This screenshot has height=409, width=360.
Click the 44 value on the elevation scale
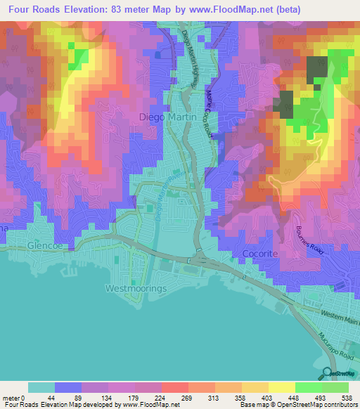(41, 398)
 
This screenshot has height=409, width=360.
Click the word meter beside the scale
(12, 398)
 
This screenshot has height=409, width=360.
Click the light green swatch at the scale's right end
(335, 387)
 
